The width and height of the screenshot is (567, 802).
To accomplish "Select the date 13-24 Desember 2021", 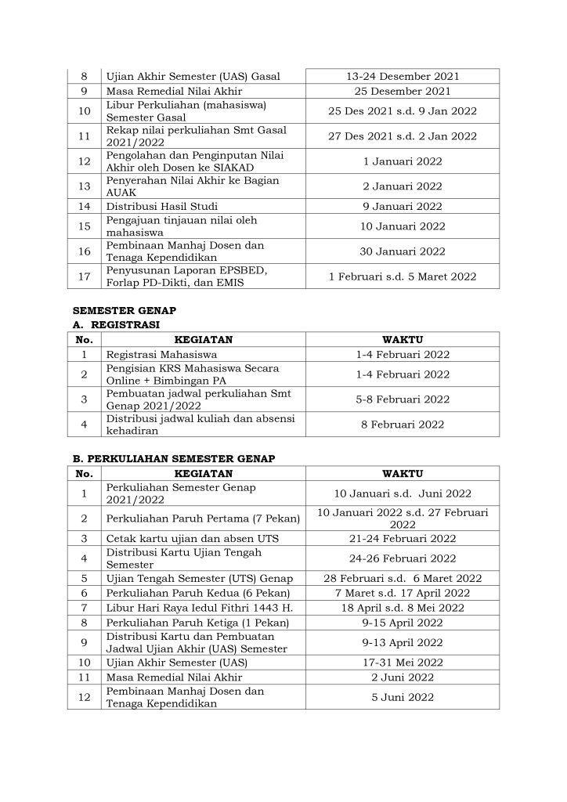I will pos(403,76).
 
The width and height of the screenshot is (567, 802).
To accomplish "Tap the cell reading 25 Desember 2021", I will pos(403,91).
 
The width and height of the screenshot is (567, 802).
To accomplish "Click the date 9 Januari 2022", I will pos(403,207).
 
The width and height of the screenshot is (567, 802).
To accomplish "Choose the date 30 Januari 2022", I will pos(403,251).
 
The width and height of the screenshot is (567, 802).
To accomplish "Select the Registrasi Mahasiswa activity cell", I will pos(153,355).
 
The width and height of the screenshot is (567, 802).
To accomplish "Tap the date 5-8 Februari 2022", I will pos(403,399).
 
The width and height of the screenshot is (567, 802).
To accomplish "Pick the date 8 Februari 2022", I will pos(403,424).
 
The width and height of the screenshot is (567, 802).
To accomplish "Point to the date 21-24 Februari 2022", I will pos(403,539).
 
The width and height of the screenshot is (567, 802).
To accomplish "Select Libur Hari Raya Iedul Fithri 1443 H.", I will pos(197,608).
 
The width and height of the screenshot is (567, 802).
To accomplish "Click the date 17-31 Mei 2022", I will pos(403,662).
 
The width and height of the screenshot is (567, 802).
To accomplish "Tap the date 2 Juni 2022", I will pos(403,677).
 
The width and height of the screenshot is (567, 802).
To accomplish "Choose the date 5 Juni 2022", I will pos(403,697).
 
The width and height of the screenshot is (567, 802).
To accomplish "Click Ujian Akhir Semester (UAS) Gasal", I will pos(193,76).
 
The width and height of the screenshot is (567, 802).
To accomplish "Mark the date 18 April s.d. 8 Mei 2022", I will pos(403,608).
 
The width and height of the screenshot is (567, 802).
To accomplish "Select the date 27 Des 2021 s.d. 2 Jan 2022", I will pos(403,135).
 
